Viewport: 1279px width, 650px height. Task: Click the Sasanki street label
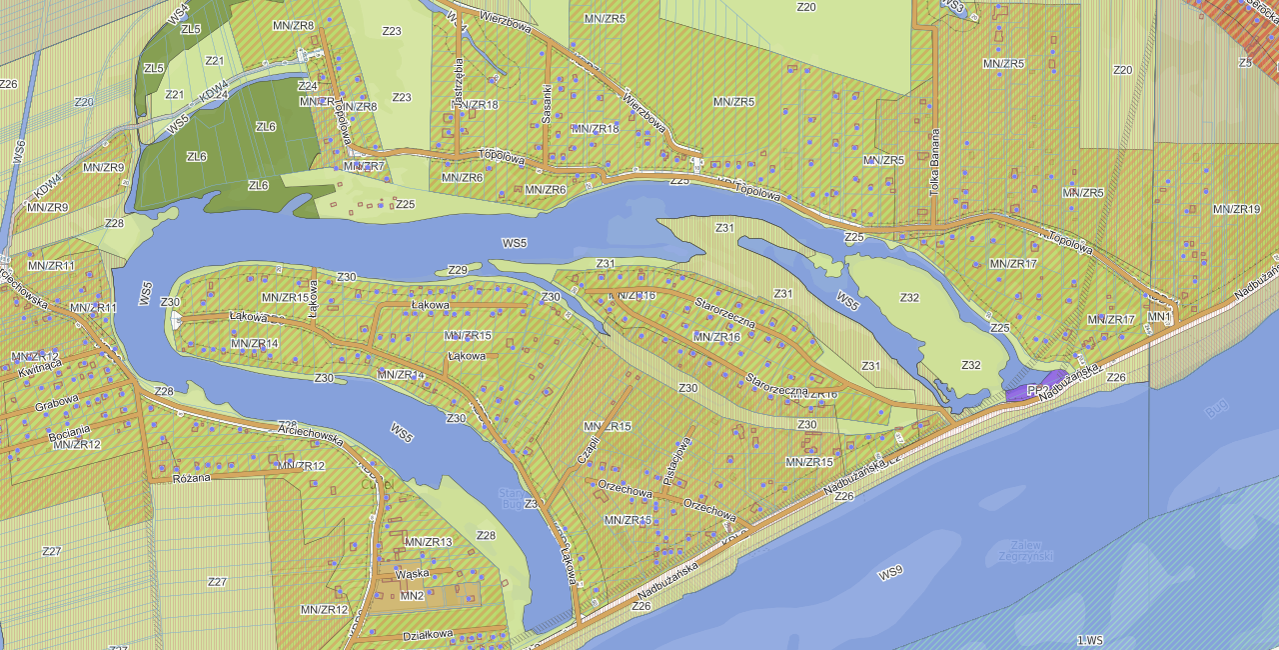click(547, 102)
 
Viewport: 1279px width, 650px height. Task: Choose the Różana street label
click(192, 478)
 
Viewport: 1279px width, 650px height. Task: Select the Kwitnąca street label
click(39, 367)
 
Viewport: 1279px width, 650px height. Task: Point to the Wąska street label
click(413, 574)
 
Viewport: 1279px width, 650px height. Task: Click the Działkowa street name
click(428, 634)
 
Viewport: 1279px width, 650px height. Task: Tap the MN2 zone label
click(412, 596)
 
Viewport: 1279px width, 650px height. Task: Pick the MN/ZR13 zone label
click(428, 542)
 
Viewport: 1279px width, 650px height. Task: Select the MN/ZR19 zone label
click(1236, 210)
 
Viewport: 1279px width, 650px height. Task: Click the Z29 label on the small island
click(458, 270)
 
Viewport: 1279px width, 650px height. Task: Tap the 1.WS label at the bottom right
click(1090, 640)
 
